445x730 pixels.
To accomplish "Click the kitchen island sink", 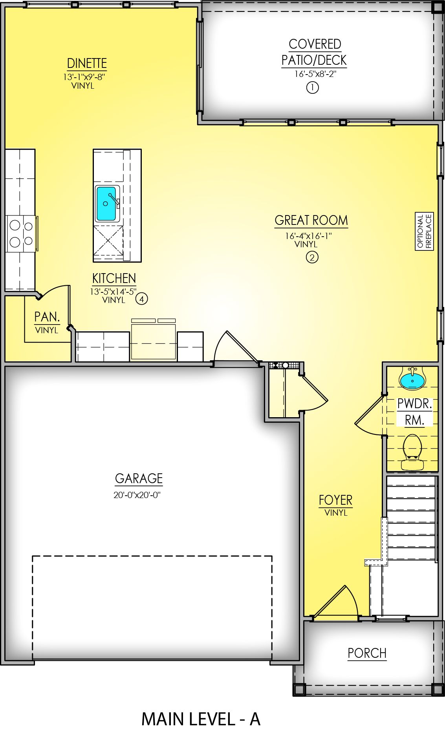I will (106, 204).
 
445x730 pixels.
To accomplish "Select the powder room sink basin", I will (412, 380).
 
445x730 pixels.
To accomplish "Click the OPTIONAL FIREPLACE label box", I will (424, 231).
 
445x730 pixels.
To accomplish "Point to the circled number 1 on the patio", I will (312, 87).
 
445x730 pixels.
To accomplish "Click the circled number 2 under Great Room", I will (312, 257).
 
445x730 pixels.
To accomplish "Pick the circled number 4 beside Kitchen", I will (142, 299).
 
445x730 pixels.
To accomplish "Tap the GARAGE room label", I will (139, 478).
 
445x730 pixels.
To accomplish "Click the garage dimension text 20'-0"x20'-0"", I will (137, 495).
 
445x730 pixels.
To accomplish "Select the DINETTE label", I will (87, 63).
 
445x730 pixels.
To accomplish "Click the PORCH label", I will (367, 653).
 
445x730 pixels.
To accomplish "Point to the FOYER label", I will (335, 500).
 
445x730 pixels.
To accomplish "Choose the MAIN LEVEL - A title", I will (201, 719).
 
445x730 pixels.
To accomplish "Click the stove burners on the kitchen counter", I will (21, 234).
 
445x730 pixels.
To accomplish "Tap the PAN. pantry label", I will (47, 317).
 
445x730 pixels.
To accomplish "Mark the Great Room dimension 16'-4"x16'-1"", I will (308, 236).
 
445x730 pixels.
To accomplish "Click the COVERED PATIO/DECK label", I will (314, 52).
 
